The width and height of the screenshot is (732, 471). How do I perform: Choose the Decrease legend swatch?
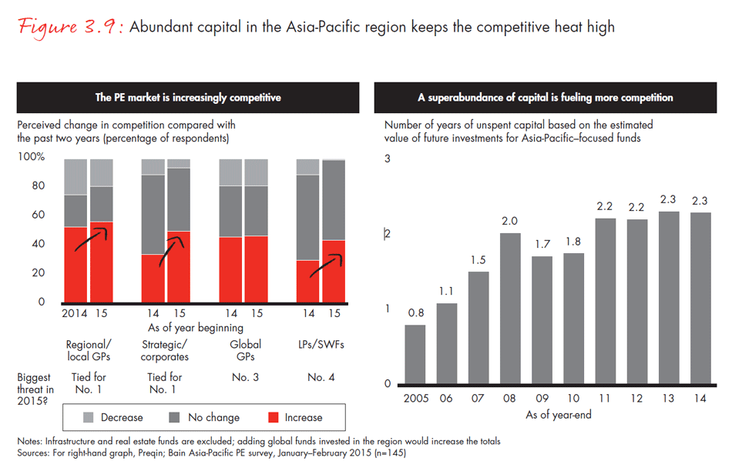tap(87, 417)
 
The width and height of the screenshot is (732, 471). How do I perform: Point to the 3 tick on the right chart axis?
tap(388, 159)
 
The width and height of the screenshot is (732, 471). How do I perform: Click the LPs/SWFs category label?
tap(321, 344)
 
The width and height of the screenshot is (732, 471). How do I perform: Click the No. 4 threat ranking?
tap(321, 378)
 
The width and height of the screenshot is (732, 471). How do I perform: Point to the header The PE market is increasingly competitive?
tap(188, 98)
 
